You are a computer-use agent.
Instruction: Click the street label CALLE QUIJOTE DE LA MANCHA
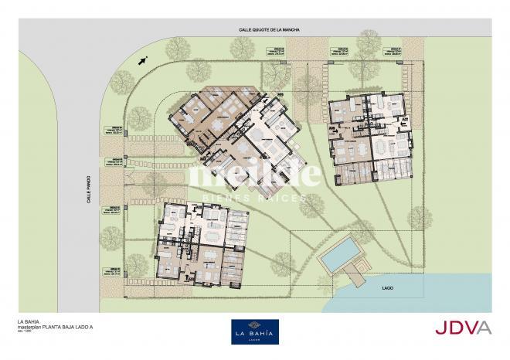[269, 29]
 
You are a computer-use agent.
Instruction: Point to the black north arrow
[142, 59]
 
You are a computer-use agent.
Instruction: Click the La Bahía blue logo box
[255, 331]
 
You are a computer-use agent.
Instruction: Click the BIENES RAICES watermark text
[255, 198]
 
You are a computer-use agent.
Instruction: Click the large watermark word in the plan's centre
[255, 175]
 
